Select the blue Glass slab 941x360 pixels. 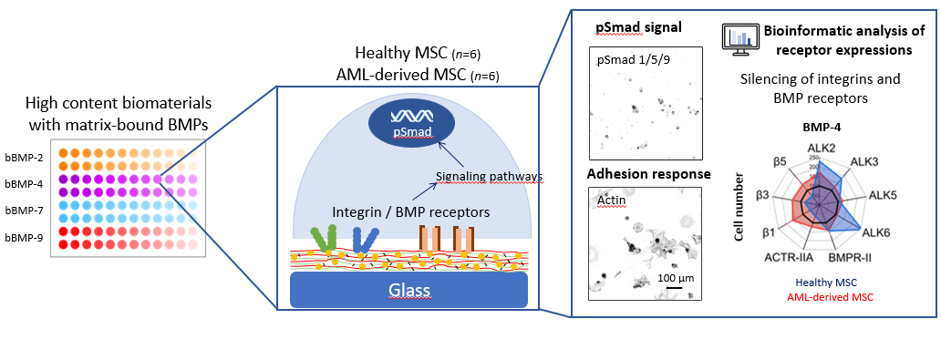click(x=408, y=291)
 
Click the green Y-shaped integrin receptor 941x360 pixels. click(x=324, y=240)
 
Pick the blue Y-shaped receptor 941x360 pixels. click(x=365, y=240)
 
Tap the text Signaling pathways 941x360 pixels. click(x=489, y=177)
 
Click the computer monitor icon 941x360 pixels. click(x=738, y=40)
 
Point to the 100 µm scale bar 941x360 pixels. click(x=673, y=287)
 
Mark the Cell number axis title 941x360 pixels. click(x=740, y=208)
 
